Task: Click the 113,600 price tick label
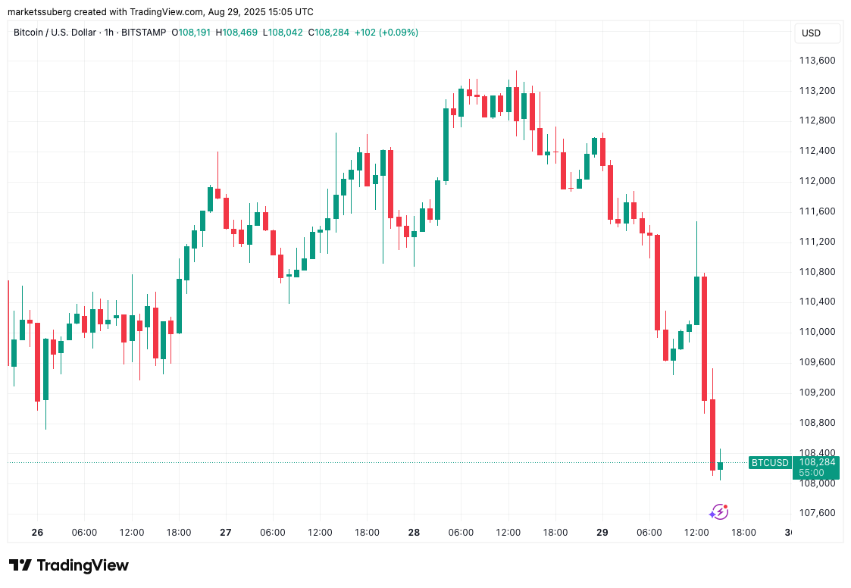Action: pyautogui.click(x=817, y=61)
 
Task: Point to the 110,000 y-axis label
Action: pyautogui.click(x=817, y=332)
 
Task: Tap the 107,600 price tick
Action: pyautogui.click(x=817, y=513)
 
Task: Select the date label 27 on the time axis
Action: pyautogui.click(x=226, y=533)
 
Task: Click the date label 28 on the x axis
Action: pyautogui.click(x=414, y=533)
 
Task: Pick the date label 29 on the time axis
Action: pyautogui.click(x=602, y=533)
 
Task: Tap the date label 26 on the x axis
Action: pyautogui.click(x=38, y=533)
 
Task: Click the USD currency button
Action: pyautogui.click(x=812, y=33)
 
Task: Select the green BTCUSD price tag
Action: pyautogui.click(x=769, y=462)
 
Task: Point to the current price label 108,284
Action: pyautogui.click(x=817, y=461)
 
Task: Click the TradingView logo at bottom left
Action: pyautogui.click(x=69, y=565)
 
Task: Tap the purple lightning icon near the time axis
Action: pyautogui.click(x=718, y=512)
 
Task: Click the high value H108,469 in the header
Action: pyautogui.click(x=236, y=33)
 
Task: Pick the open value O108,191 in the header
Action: pyautogui.click(x=192, y=33)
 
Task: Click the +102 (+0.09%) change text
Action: pyautogui.click(x=386, y=33)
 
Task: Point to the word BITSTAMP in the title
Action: pyautogui.click(x=142, y=33)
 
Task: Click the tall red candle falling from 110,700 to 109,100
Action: pyautogui.click(x=704, y=338)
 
